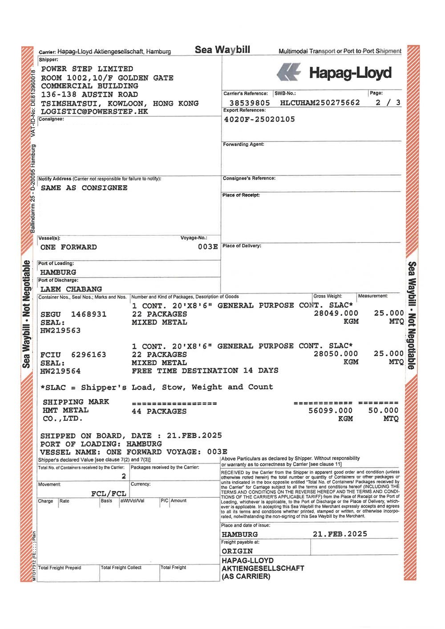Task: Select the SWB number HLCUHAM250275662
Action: coord(320,103)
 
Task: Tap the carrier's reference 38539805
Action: coord(250,103)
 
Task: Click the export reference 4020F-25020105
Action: coord(259,119)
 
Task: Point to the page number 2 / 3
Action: coord(388,103)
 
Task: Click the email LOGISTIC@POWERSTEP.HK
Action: coord(94,112)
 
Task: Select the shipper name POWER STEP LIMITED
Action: coord(87,69)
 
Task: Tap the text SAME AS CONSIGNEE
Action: coord(84,188)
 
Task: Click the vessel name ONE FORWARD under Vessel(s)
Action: coord(69,247)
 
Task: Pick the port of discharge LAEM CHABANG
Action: coord(71,289)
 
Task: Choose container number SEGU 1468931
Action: coord(73,314)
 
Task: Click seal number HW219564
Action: coord(61,371)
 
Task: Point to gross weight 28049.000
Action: coord(336,313)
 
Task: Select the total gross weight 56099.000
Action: coord(330,411)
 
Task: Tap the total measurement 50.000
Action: coord(383,411)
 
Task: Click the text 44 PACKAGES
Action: coord(159,411)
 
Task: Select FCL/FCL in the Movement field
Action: coord(109,493)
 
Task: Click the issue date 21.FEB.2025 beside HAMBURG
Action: coord(340,534)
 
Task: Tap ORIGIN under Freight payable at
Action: coord(237,551)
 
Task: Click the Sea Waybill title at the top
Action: coord(222,49)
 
